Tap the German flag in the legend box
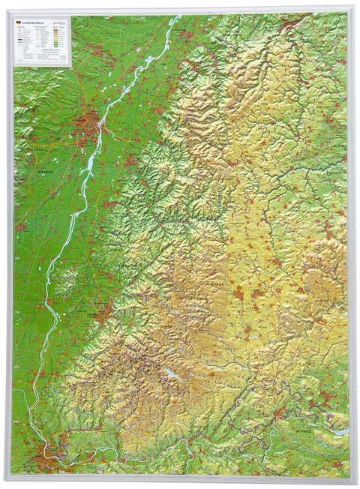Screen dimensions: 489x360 click(18, 22)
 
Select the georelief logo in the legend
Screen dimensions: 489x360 click(61, 22)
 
